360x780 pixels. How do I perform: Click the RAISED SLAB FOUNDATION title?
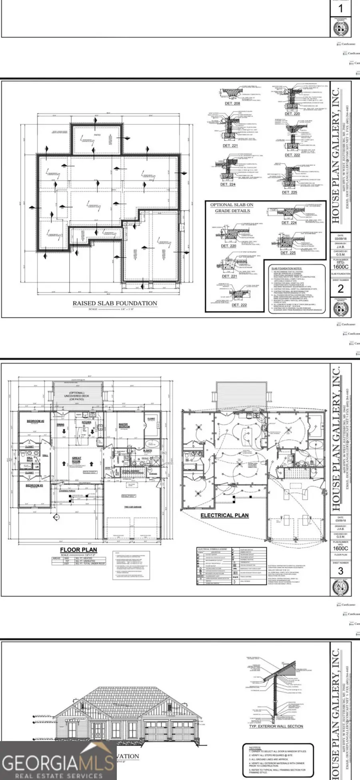coord(114,303)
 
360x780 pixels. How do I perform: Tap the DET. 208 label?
coord(232,104)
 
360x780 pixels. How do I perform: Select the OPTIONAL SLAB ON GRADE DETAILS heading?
coord(232,207)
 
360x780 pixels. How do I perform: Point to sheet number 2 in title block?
coord(340,289)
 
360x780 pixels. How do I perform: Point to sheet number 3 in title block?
coord(340,571)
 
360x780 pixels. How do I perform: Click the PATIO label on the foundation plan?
coord(97,135)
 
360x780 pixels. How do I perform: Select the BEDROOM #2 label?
coord(36,421)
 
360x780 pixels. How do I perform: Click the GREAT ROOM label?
coord(76,460)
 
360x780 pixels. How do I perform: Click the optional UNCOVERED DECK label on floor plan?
coord(77,396)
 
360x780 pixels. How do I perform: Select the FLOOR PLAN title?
coord(78,550)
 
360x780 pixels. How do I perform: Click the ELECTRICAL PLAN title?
coord(224,515)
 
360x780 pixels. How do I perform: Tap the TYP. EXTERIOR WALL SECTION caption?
coord(276,726)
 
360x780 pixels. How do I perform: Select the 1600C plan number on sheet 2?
coord(340,267)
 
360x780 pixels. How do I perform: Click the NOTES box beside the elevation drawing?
coord(278,760)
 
